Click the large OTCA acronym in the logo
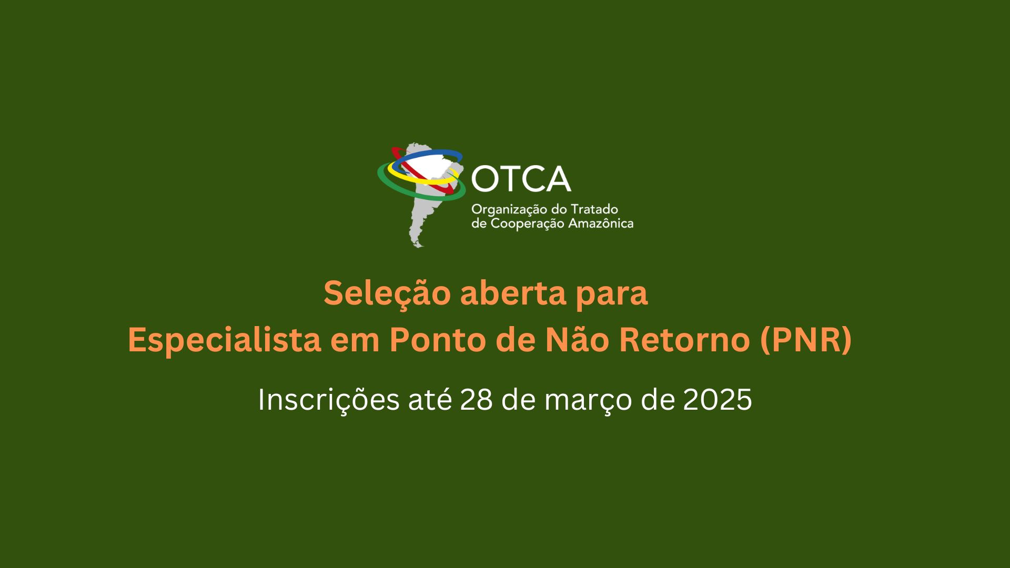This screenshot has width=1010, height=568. coord(521,179)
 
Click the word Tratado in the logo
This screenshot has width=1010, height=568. coord(594,209)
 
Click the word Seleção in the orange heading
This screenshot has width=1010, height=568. coord(387,293)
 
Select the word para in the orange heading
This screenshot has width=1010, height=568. coord(612,296)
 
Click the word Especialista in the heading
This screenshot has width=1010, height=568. coord(224,340)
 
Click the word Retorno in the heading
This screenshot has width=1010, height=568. coord(684,339)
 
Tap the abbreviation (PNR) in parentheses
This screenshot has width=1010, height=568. coord(806,340)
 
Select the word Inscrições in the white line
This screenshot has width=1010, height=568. coord(328,400)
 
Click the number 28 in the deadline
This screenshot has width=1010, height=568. coord(476,400)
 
